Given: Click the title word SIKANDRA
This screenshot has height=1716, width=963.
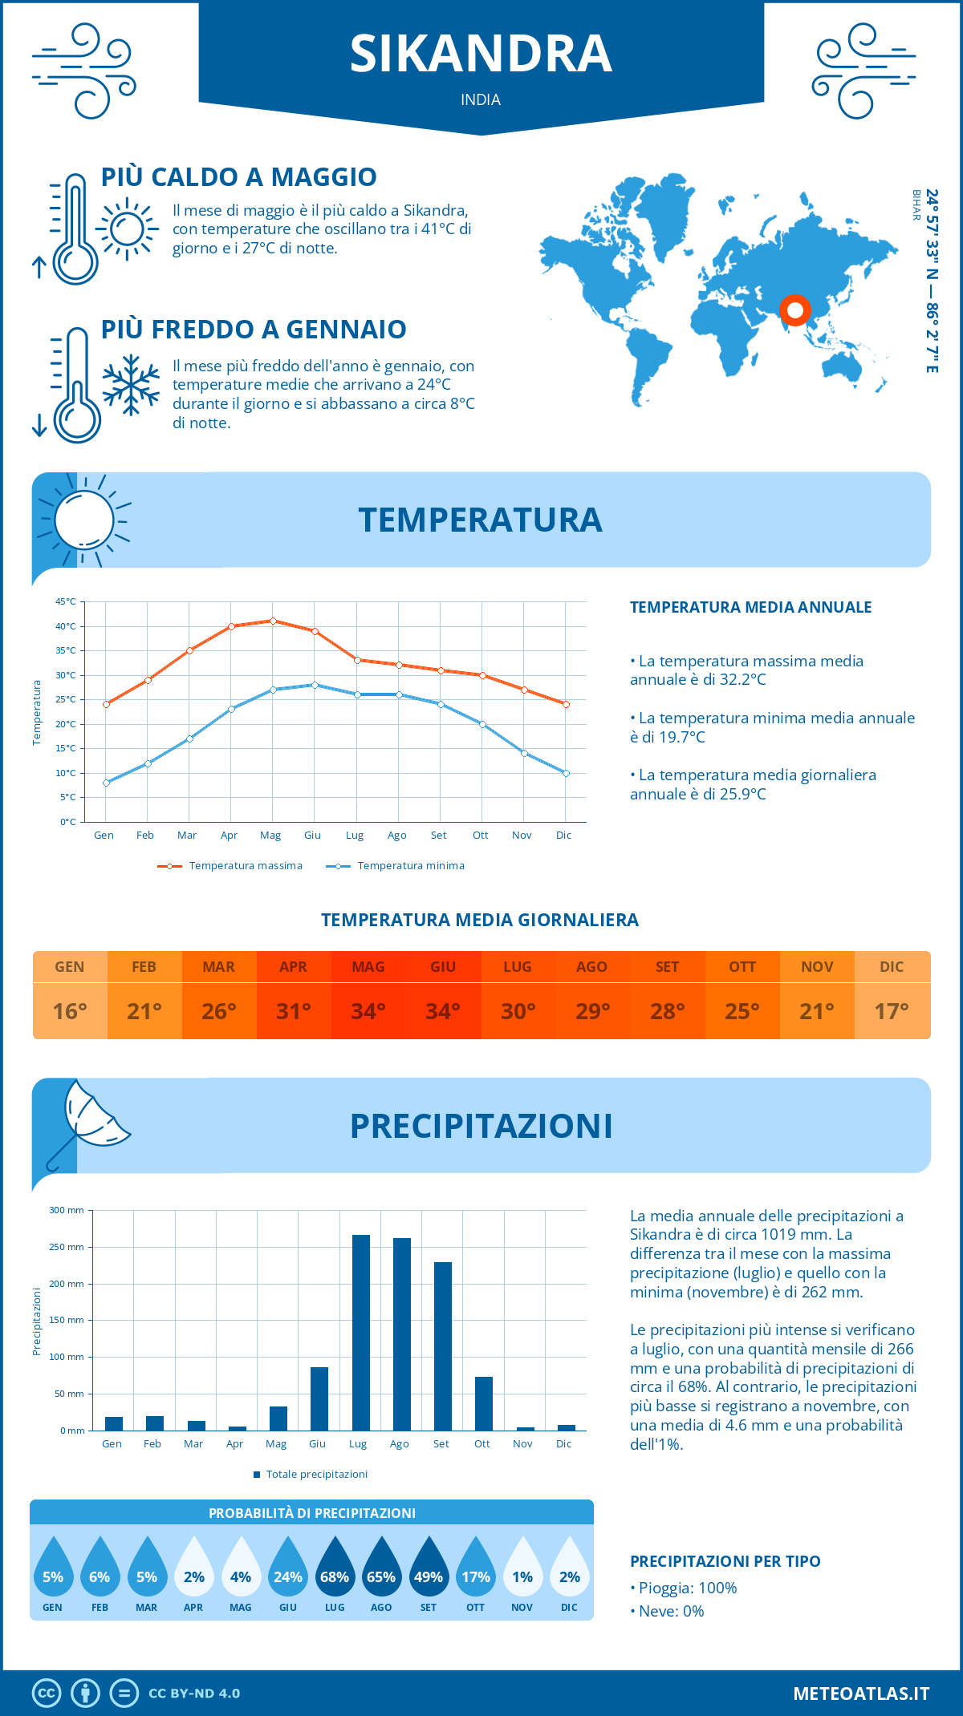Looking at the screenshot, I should click(x=481, y=54).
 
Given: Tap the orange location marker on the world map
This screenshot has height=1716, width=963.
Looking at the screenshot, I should click(x=795, y=310).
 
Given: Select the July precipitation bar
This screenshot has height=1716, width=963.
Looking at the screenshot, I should click(x=361, y=1332).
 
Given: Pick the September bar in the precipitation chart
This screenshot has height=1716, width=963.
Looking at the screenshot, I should click(x=443, y=1346).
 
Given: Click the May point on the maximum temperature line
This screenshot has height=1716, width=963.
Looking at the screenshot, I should click(x=273, y=621).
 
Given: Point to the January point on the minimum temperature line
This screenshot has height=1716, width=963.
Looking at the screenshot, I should click(x=106, y=783).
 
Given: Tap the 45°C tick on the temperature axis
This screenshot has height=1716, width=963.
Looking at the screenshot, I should click(x=66, y=601).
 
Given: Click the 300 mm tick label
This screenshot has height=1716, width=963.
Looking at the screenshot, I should click(x=67, y=1210).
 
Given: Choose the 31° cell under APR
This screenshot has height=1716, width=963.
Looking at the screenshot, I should click(x=294, y=1011).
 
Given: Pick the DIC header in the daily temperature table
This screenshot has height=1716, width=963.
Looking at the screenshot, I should click(x=892, y=966).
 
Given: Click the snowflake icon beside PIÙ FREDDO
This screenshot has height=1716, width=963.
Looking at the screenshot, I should click(x=131, y=385).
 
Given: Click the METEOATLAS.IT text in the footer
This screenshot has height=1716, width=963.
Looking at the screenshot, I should click(x=861, y=1693).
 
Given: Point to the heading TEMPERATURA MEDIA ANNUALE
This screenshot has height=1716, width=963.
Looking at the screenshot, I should click(x=750, y=607).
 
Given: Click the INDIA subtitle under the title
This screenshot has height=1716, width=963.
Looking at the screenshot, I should click(x=481, y=99).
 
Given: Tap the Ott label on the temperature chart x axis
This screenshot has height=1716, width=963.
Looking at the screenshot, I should click(x=480, y=835).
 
